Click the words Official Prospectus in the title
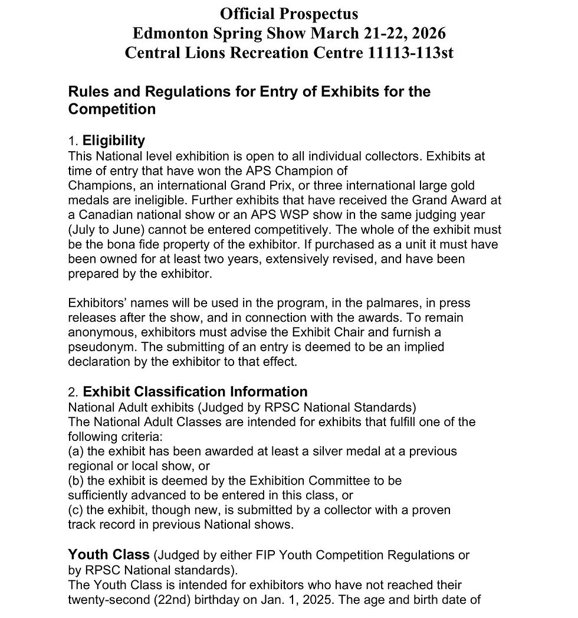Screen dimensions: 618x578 (x=289, y=13)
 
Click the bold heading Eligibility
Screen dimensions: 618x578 (x=113, y=141)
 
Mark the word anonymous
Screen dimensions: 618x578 (x=101, y=332)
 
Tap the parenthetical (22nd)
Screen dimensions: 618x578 (x=184, y=600)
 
